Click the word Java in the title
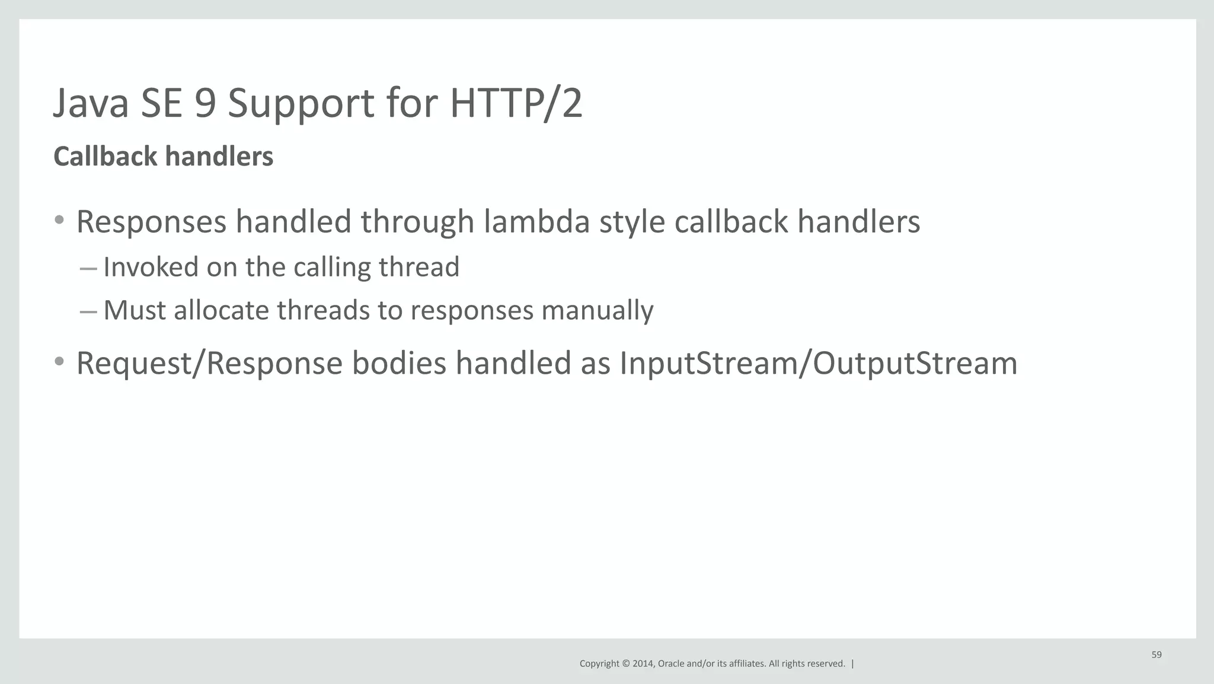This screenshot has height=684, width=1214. [91, 104]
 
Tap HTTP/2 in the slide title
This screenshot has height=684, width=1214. [516, 104]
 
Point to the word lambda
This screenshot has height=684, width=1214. [536, 222]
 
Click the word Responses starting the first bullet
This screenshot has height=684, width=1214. [151, 223]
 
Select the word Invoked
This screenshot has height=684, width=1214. [151, 267]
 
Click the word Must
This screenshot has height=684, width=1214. [134, 310]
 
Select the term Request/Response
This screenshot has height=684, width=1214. [209, 364]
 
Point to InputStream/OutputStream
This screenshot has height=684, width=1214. [818, 364]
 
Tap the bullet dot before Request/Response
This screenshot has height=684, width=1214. [59, 361]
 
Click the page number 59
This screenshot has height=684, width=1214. [1157, 655]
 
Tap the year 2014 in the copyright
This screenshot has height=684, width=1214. [643, 664]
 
